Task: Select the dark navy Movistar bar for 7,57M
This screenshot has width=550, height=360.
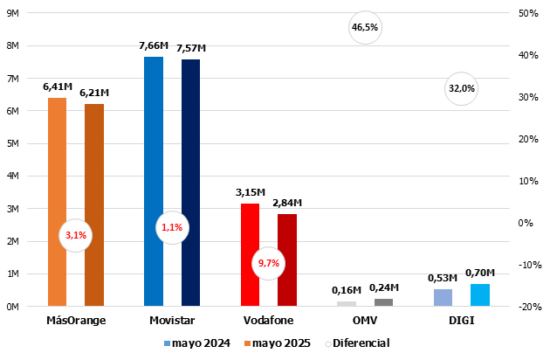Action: click(x=190, y=183)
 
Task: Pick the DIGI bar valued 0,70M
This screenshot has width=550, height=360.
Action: click(x=480, y=295)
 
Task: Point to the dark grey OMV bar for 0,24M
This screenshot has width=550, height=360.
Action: click(x=383, y=302)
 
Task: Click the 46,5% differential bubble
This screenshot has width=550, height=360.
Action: click(x=365, y=27)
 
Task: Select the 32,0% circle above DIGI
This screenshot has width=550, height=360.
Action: click(x=461, y=88)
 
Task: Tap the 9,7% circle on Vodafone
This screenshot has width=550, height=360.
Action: click(x=268, y=262)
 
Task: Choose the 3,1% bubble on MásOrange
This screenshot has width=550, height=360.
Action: click(x=75, y=235)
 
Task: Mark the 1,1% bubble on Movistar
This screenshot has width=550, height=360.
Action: click(x=172, y=228)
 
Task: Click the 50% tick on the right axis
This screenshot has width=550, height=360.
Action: click(x=527, y=14)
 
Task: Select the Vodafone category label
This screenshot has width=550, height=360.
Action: click(x=269, y=321)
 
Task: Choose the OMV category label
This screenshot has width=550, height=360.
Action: click(x=365, y=321)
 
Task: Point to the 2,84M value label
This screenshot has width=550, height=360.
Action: click(x=287, y=202)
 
